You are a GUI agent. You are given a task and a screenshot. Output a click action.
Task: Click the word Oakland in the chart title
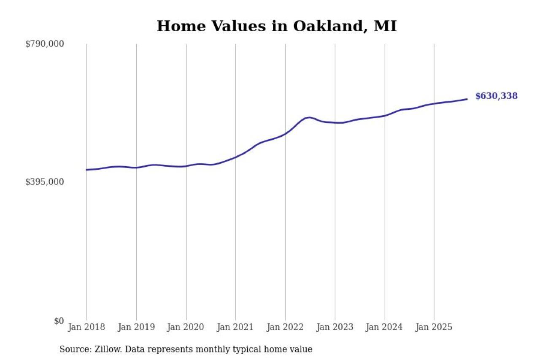pyautogui.click(x=325, y=26)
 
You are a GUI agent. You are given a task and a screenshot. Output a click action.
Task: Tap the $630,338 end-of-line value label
pyautogui.click(x=496, y=96)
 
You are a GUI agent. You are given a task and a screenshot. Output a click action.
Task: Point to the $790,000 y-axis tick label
pyautogui.click(x=45, y=44)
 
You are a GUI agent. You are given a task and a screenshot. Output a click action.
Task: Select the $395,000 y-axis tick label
pyautogui.click(x=45, y=182)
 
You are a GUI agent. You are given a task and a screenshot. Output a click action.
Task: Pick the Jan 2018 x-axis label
pyautogui.click(x=86, y=327)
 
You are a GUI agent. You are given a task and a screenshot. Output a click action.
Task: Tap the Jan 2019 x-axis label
pyautogui.click(x=136, y=327)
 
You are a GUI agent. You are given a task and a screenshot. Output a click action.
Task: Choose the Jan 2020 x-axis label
pyautogui.click(x=186, y=327)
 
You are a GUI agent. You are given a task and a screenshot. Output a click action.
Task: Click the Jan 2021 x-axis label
pyautogui.click(x=235, y=327)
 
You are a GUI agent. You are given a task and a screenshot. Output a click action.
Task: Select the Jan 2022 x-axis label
pyautogui.click(x=285, y=327)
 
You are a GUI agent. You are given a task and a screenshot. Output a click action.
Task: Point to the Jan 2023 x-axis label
pyautogui.click(x=335, y=327)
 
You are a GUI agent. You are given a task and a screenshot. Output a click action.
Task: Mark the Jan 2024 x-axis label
pyautogui.click(x=384, y=327)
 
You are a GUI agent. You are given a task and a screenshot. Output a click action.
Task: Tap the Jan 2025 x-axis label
pyautogui.click(x=434, y=327)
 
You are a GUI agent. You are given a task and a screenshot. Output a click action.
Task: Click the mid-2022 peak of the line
pyautogui.click(x=309, y=117)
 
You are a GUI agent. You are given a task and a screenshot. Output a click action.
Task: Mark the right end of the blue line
pyautogui.click(x=467, y=99)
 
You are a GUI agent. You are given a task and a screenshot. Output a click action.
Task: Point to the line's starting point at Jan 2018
pyautogui.click(x=86, y=170)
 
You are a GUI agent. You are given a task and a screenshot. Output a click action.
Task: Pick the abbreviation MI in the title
pyautogui.click(x=386, y=26)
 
